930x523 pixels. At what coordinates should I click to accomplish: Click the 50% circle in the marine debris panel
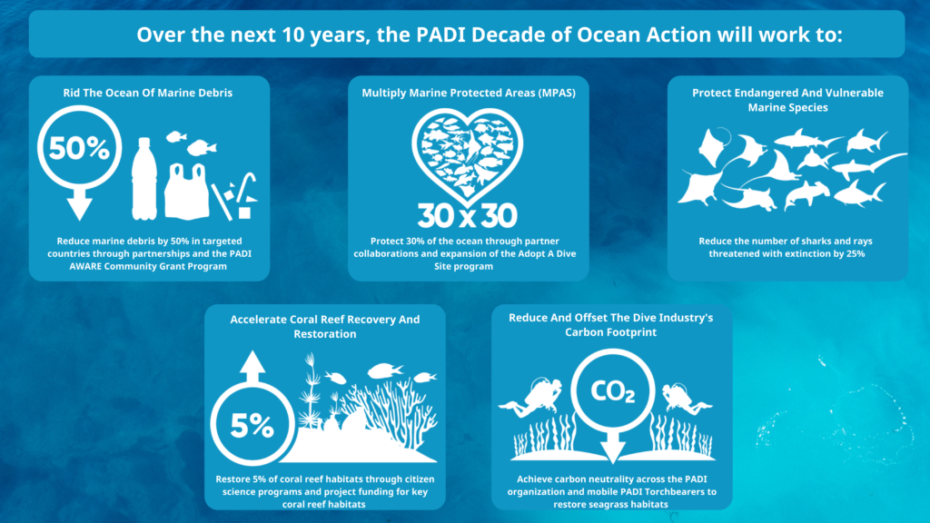[80, 148]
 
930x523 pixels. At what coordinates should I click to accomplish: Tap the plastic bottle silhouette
[144, 179]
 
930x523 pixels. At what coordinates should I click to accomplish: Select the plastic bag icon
[187, 191]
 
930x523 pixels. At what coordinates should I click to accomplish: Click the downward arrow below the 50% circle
[80, 204]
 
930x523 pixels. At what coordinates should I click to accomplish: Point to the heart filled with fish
[468, 156]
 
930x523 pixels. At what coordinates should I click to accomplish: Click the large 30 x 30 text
[468, 216]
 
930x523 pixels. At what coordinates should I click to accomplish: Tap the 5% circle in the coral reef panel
[252, 423]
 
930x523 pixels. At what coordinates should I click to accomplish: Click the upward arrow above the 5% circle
[252, 367]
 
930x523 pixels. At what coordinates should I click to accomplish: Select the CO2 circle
[613, 390]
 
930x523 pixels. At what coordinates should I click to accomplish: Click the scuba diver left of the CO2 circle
[530, 397]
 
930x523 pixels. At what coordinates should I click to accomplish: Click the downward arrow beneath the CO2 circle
[613, 447]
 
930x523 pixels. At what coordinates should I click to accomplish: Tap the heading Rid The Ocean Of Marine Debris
[148, 93]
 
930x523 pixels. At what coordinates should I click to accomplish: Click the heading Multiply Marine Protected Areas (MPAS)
[469, 93]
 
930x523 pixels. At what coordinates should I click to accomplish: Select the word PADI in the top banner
[440, 35]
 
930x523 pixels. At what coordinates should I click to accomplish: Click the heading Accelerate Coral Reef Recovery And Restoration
[325, 326]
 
